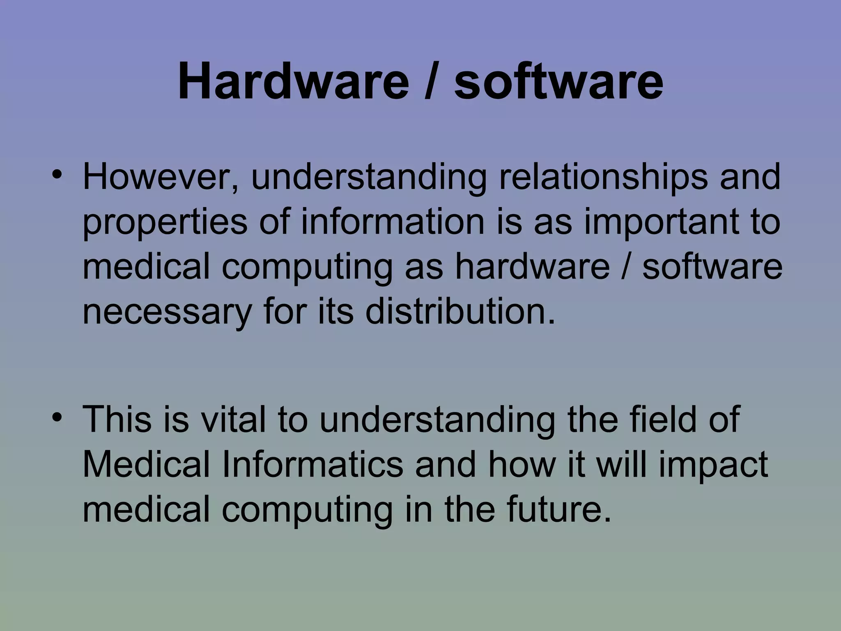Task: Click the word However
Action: [161, 177]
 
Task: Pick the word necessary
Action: [167, 312]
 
